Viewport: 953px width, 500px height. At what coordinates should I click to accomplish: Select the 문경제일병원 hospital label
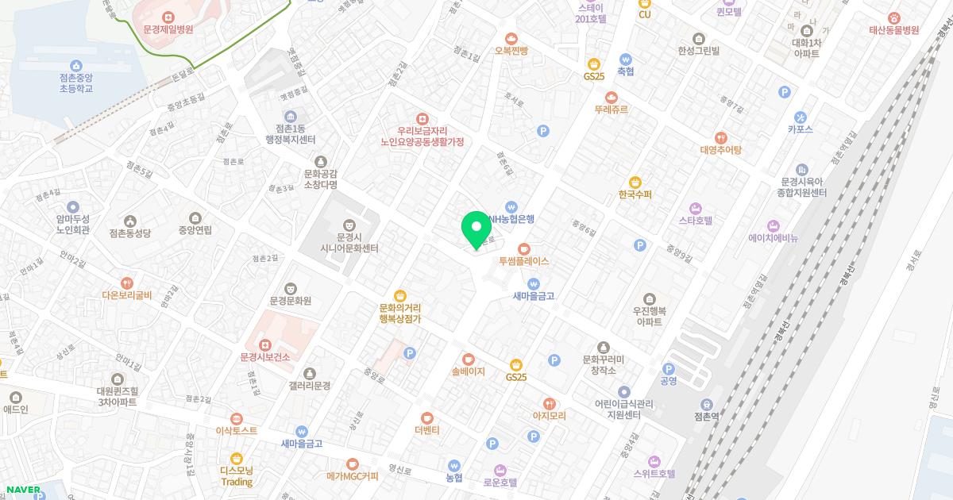[x=168, y=29]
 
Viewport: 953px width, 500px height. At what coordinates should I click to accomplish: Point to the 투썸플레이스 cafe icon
[x=523, y=248]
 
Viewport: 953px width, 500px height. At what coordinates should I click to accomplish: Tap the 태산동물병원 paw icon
[x=894, y=17]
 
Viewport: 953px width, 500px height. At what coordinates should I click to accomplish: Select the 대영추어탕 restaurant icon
[x=720, y=137]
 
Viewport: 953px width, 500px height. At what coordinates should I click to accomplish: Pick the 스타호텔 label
[x=696, y=221]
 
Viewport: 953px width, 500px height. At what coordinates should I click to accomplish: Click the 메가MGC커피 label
[x=353, y=476]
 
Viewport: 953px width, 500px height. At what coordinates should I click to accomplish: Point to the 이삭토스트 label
[x=237, y=430]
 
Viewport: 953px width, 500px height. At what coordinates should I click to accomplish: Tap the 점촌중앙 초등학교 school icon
[x=75, y=65]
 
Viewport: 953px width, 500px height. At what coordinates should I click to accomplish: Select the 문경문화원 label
[x=291, y=301]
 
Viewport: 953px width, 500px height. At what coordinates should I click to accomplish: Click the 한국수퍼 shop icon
[x=635, y=183]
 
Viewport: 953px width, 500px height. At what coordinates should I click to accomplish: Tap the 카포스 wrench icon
[x=800, y=117]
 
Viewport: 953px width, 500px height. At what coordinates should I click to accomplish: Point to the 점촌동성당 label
[x=130, y=233]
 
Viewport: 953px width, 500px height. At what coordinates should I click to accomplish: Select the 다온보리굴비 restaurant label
[x=127, y=295]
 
